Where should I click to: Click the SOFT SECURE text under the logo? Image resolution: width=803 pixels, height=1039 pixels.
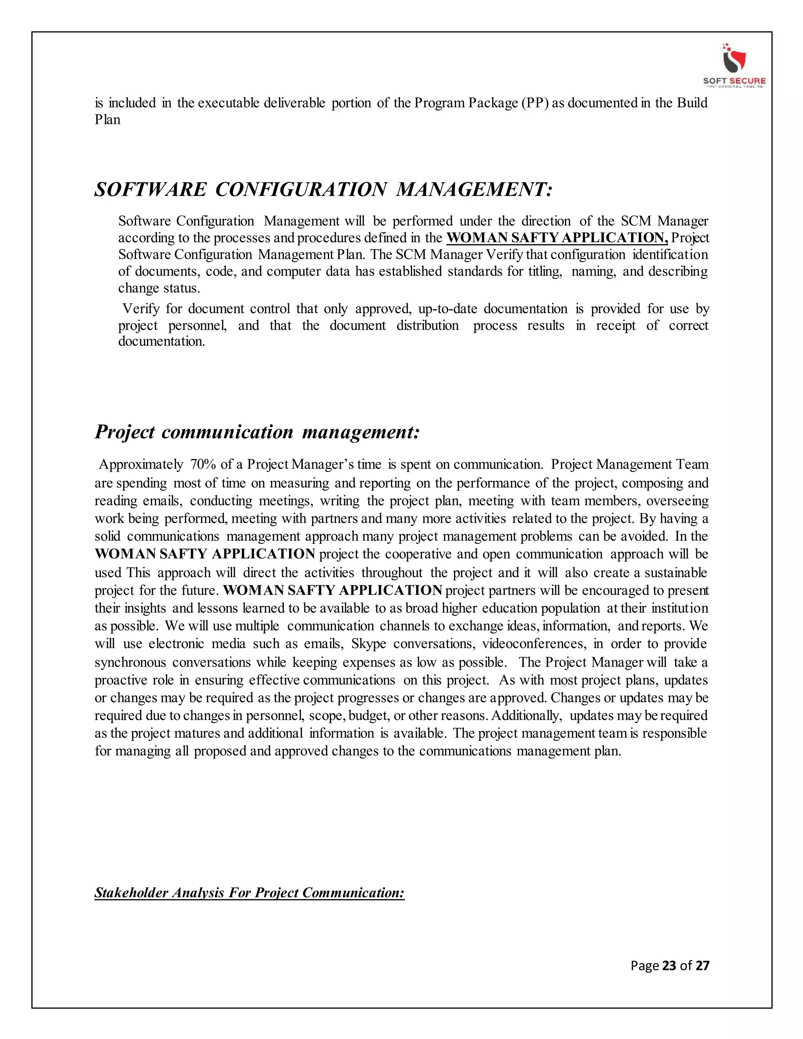click(x=734, y=81)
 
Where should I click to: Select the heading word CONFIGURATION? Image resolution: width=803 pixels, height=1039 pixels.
click(x=301, y=189)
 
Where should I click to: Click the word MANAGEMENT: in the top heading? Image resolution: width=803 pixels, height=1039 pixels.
click(x=474, y=189)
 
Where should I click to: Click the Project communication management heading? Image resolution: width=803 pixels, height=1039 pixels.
click(x=257, y=432)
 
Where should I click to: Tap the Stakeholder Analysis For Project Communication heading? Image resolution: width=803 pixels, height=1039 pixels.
click(x=249, y=892)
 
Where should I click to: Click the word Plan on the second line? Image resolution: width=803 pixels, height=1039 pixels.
click(x=107, y=120)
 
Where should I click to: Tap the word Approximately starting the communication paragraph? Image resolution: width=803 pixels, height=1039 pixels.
click(x=141, y=464)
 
